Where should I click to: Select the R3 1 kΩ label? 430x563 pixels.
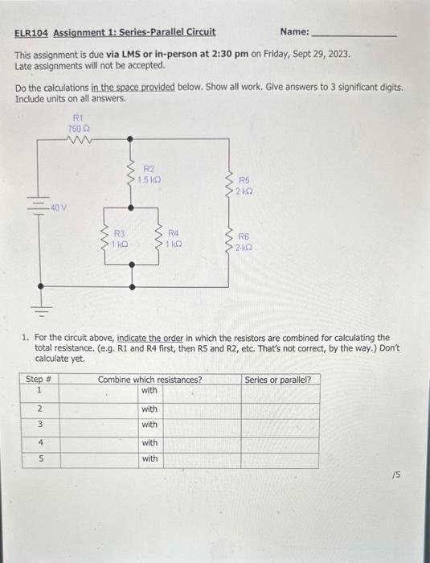point(117,238)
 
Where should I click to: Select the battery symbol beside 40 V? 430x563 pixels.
point(39,206)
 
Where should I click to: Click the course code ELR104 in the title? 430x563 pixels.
point(32,32)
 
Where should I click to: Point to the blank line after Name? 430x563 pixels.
point(353,35)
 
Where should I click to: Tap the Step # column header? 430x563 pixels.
point(35,380)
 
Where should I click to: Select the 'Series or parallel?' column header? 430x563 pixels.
point(278,380)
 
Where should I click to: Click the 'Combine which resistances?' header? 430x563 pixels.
point(149,380)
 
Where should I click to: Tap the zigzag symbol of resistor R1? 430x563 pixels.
point(80,140)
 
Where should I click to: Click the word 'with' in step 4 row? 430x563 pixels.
point(149,442)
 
